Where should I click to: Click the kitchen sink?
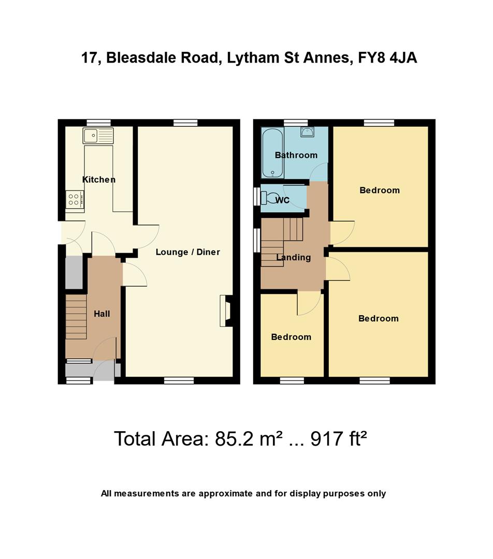point(98,136)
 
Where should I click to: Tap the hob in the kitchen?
point(75,200)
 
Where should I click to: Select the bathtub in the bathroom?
point(272,153)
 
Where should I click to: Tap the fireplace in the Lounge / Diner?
point(226,311)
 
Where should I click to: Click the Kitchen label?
point(99,180)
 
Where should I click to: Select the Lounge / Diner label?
point(187,252)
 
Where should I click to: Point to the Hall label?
point(102,314)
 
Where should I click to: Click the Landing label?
point(294,257)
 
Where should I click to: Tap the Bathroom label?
point(296,155)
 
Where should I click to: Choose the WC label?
point(283,200)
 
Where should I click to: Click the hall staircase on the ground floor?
point(76,316)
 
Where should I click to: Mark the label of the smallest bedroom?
point(291,337)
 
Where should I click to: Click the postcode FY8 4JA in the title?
point(387,58)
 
